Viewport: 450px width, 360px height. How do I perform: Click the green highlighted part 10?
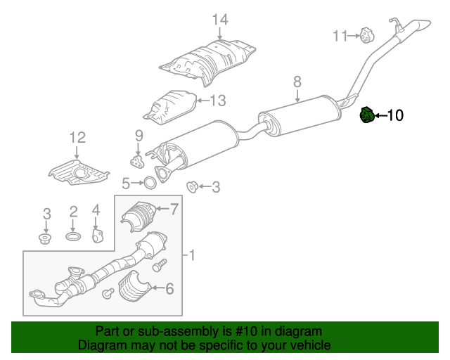click(x=366, y=115)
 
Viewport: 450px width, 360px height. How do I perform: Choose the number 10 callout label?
click(x=395, y=115)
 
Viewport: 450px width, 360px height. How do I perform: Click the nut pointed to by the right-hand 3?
click(x=191, y=186)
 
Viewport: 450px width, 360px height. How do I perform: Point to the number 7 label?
click(x=175, y=208)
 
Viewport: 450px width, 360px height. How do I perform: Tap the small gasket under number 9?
click(x=139, y=162)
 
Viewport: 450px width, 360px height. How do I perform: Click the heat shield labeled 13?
click(x=169, y=105)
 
